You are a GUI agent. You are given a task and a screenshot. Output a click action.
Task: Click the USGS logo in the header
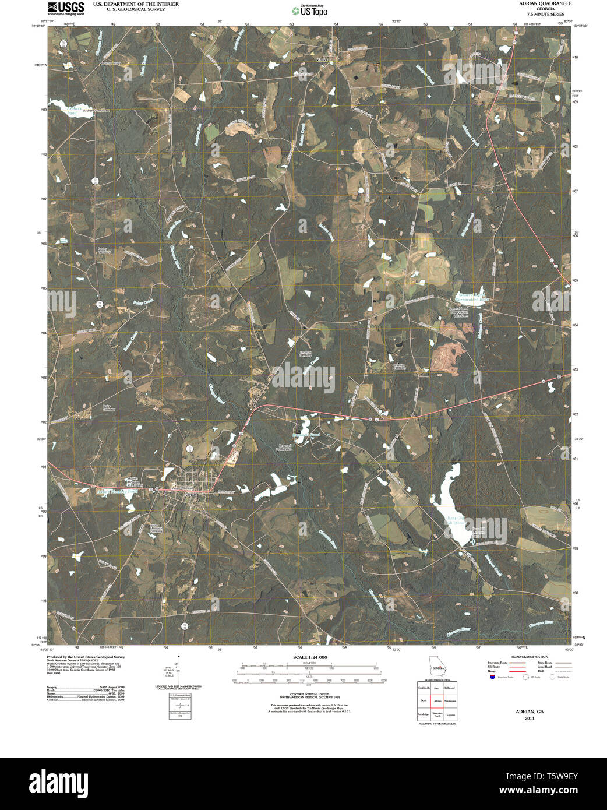(66, 8)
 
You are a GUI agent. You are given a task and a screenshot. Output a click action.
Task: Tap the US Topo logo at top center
(309, 10)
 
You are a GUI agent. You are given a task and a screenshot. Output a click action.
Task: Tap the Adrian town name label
(188, 493)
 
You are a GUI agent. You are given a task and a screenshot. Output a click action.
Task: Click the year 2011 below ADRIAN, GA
(529, 719)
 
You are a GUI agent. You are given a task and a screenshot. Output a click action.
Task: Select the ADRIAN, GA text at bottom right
(529, 712)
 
